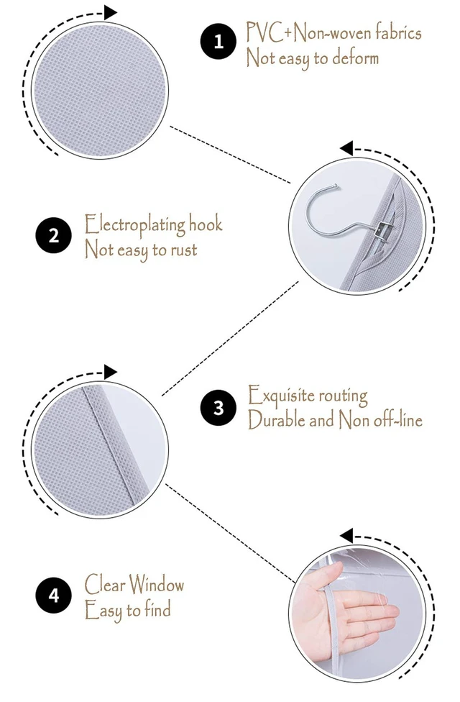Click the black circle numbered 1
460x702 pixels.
pyautogui.click(x=218, y=42)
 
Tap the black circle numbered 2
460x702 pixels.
pyautogui.click(x=54, y=235)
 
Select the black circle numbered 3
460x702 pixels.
pyautogui.click(x=218, y=407)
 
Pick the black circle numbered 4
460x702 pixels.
pyautogui.click(x=54, y=596)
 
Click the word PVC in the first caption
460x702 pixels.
pyautogui.click(x=264, y=32)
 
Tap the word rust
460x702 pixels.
pyautogui.click(x=183, y=250)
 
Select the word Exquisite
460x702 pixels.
pyautogui.click(x=281, y=395)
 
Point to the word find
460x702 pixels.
pyautogui.click(x=157, y=609)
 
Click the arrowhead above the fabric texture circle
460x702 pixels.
pyautogui.click(x=110, y=12)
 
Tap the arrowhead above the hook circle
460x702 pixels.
pyautogui.click(x=346, y=148)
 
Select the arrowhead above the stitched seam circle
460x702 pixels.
pyautogui.click(x=110, y=372)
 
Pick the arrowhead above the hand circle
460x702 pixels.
pyautogui.click(x=346, y=535)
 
